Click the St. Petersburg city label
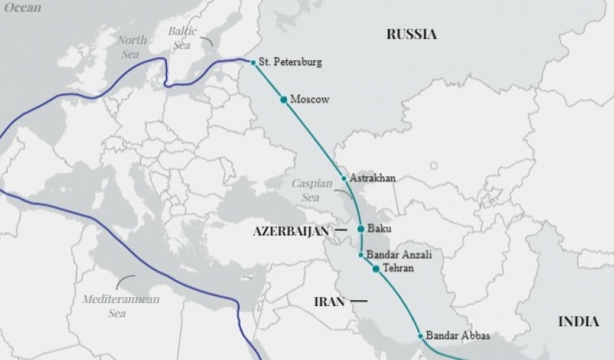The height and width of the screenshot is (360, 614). click(290, 62)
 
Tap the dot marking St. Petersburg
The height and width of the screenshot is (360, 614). click(253, 62)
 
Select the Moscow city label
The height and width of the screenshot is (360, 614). click(309, 99)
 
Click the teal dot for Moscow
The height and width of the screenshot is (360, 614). click(283, 99)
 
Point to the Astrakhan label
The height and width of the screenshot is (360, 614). click(372, 178)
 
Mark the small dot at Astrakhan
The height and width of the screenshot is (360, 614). click(344, 178)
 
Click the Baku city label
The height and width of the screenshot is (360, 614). click(379, 229)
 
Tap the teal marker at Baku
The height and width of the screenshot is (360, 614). click(360, 229)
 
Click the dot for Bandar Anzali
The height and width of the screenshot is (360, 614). click(360, 255)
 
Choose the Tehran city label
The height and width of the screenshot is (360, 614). click(398, 268)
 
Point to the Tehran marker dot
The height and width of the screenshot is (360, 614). click(375, 268)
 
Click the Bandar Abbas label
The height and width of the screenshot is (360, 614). click(458, 335)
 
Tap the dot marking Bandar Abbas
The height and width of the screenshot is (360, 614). click(420, 335)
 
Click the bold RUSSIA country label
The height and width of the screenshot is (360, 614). click(411, 34)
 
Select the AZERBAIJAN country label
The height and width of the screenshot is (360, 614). click(290, 230)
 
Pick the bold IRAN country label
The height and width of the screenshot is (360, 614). click(329, 302)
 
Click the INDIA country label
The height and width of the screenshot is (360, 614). click(579, 322)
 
